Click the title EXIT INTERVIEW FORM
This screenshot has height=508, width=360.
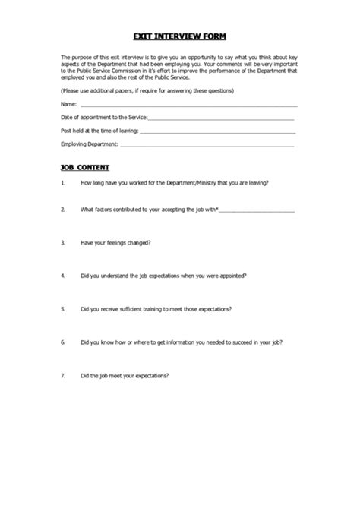click(x=179, y=36)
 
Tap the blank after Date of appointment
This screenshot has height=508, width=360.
click(x=221, y=118)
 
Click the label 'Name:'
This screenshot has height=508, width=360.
click(x=68, y=105)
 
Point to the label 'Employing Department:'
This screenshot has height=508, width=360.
click(x=90, y=144)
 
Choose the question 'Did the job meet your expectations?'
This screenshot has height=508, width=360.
click(x=125, y=375)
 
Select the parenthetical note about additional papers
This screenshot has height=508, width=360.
click(x=147, y=90)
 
